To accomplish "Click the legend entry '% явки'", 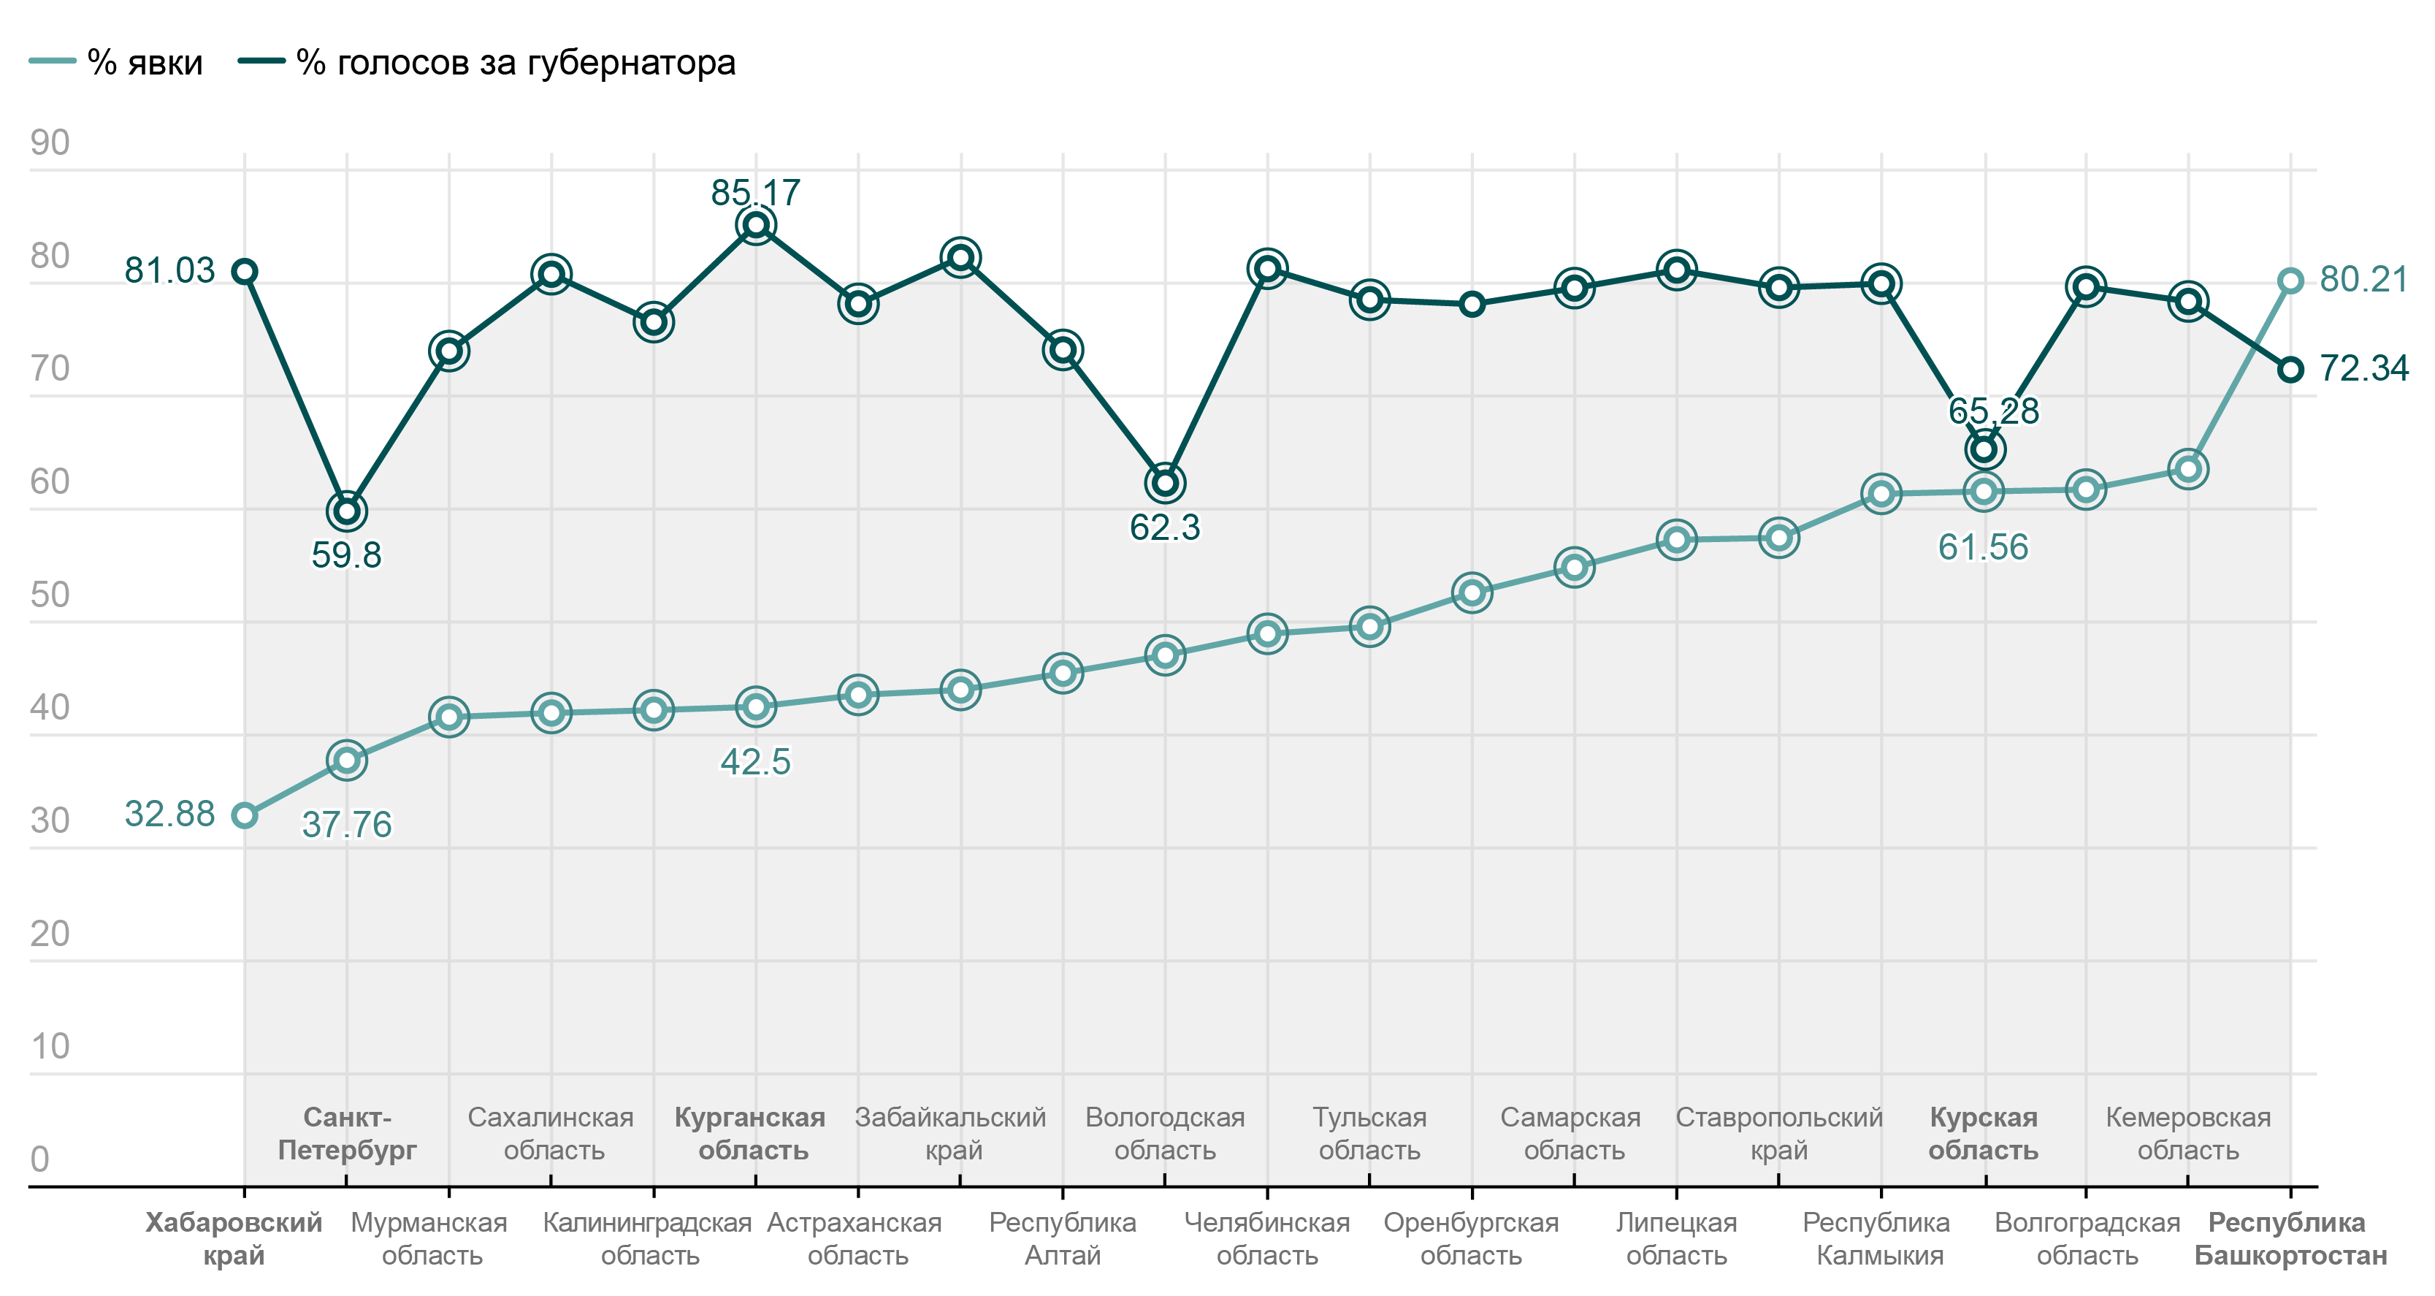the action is [x=116, y=62].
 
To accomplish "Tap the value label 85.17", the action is [x=755, y=193].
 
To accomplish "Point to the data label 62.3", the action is [x=1165, y=527].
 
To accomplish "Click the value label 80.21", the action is [x=2363, y=279].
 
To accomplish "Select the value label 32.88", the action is [x=170, y=814].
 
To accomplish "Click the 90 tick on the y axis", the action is [x=50, y=142].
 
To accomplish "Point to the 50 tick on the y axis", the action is [x=50, y=595].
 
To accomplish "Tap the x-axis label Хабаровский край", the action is [x=234, y=1238].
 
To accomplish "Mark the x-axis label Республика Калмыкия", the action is [x=1877, y=1238].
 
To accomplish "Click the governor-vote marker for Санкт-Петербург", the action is [x=347, y=511].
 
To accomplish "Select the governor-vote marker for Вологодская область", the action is [x=1165, y=483].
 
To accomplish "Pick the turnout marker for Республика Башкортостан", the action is [x=2290, y=281].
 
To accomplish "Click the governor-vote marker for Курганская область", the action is [x=755, y=225].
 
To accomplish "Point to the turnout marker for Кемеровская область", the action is [x=2188, y=469].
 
